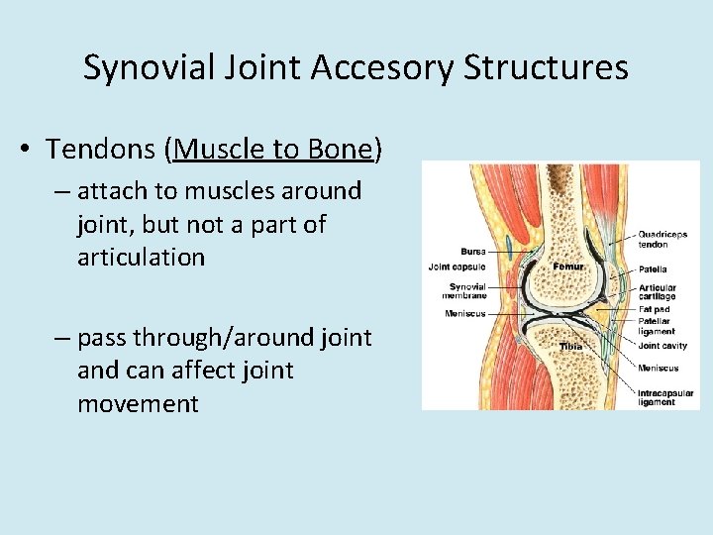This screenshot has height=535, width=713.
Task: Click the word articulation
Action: (x=141, y=258)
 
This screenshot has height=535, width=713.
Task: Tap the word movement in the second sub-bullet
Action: (x=138, y=404)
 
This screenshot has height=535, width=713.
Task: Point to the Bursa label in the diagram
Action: (x=472, y=251)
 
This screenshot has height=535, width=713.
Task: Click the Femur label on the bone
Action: (x=568, y=267)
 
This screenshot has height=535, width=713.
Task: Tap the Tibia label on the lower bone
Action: (x=570, y=347)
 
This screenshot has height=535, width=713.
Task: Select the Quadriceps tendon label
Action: (x=662, y=240)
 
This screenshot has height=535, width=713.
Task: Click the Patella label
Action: (x=653, y=268)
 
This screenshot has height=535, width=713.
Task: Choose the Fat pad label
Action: (x=654, y=309)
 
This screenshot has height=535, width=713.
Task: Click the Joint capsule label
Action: (x=457, y=266)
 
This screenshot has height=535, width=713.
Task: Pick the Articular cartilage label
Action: (x=657, y=291)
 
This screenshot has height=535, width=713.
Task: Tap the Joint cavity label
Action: (x=662, y=347)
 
